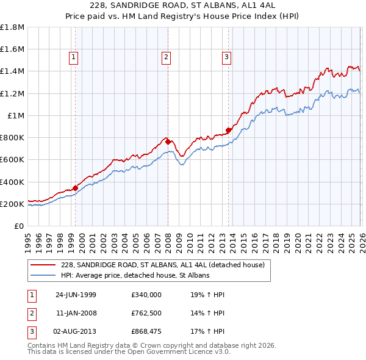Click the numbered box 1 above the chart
[x=73, y=58]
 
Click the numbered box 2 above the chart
[x=166, y=58]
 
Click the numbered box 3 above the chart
[x=226, y=58]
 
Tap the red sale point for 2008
[x=168, y=142]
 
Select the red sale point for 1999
[x=76, y=188]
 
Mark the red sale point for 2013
[x=228, y=130]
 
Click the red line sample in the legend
[x=42, y=265]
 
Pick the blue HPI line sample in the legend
[x=42, y=276]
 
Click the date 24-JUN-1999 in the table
[x=76, y=294]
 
